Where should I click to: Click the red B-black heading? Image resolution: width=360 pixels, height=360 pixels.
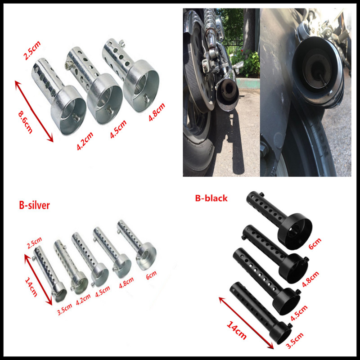pos(211,198)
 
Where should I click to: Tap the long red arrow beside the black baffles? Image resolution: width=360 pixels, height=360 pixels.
pos(246,321)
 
